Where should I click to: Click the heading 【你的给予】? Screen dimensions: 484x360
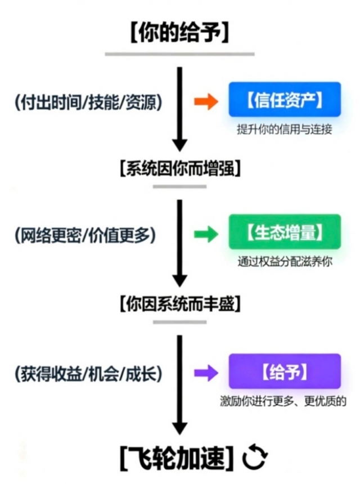[x=179, y=32]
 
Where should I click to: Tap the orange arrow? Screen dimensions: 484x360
[x=205, y=101]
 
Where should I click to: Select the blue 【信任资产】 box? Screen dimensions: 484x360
[x=284, y=100]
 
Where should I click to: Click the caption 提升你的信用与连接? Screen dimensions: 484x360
[x=285, y=129]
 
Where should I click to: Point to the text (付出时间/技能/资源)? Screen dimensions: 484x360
[x=89, y=102]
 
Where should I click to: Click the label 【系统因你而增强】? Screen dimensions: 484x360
[x=179, y=168]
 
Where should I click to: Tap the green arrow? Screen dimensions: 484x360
[x=205, y=234]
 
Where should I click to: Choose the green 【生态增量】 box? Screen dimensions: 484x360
[x=284, y=232]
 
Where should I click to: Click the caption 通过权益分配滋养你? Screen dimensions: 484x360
[x=285, y=262]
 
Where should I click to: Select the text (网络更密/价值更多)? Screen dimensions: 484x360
[x=84, y=235]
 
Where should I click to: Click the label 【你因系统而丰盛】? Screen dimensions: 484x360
[x=179, y=304]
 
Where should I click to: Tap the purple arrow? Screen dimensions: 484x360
[x=205, y=372]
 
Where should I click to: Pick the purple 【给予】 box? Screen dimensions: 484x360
[x=284, y=371]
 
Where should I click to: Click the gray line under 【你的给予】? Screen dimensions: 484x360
[x=179, y=54]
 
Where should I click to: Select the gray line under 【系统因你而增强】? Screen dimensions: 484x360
[x=179, y=186]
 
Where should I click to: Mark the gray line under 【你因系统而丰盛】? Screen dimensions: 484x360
[x=179, y=322]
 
